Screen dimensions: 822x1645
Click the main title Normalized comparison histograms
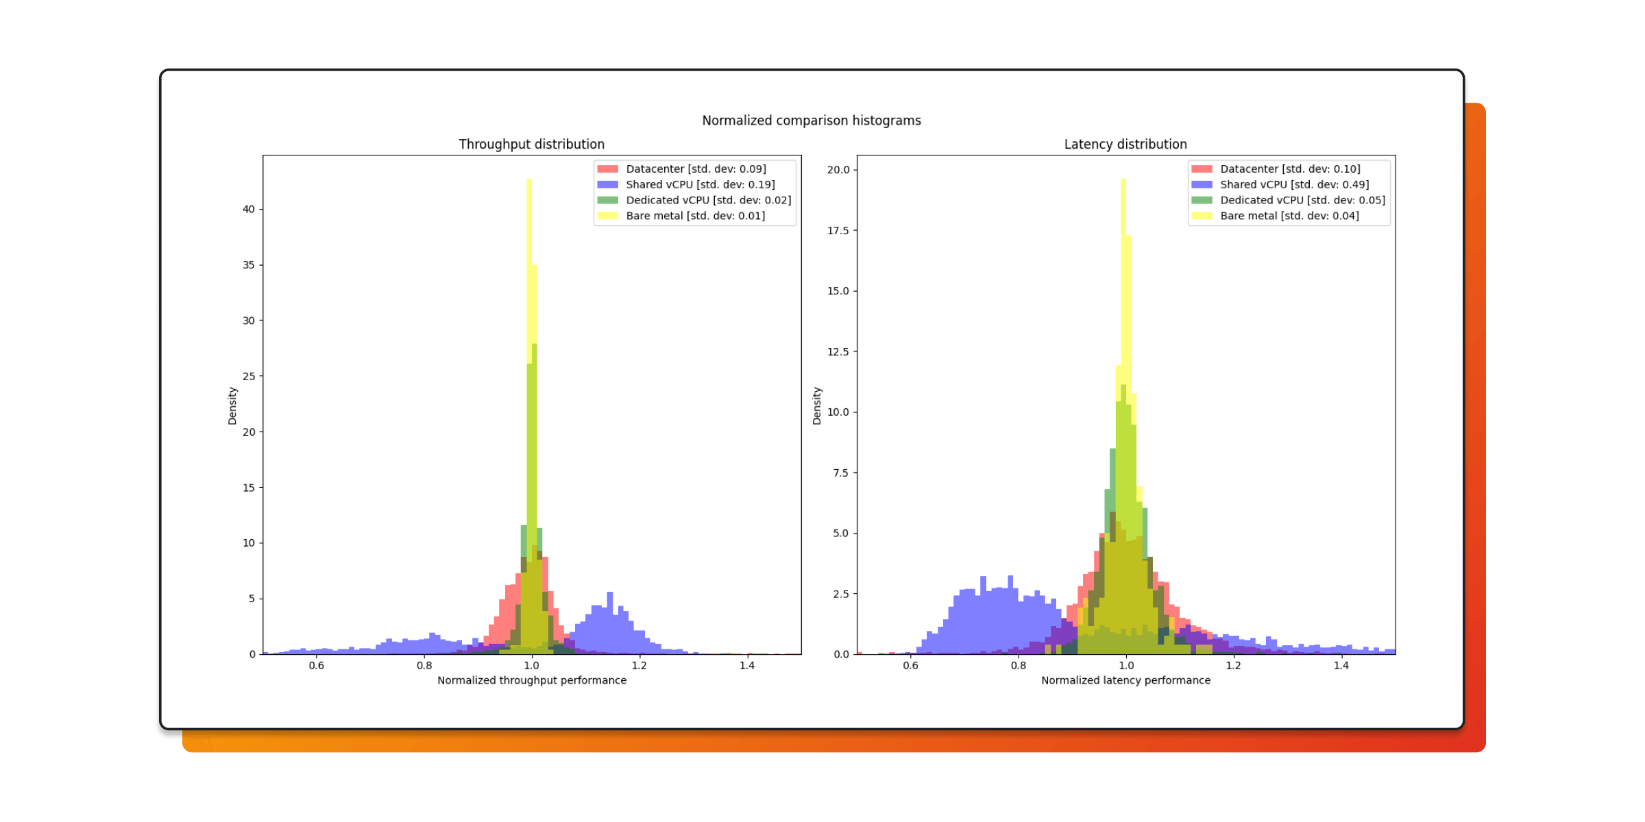coord(811,121)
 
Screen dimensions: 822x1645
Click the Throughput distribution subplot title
coord(531,145)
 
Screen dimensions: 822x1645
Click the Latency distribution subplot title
coord(1125,145)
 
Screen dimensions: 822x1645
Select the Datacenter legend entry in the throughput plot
coord(695,169)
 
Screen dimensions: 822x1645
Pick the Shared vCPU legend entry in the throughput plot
coord(700,185)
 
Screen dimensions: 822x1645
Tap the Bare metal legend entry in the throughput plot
coord(695,216)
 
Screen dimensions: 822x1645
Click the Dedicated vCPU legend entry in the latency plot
coord(1302,200)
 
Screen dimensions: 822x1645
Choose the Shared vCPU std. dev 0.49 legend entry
coord(1293,185)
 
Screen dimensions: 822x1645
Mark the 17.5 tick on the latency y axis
coord(838,231)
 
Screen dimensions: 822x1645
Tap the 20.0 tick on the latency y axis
coord(838,170)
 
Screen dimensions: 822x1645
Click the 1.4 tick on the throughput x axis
coord(746,666)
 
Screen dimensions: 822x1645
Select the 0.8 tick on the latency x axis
coord(1018,666)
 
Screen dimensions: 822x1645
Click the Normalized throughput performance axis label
coord(532,680)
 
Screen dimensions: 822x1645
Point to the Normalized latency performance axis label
coord(1125,680)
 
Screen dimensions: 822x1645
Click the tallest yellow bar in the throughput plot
coord(529,274)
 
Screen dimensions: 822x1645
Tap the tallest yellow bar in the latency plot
coord(1123,274)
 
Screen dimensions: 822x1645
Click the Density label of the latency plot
coord(816,406)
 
